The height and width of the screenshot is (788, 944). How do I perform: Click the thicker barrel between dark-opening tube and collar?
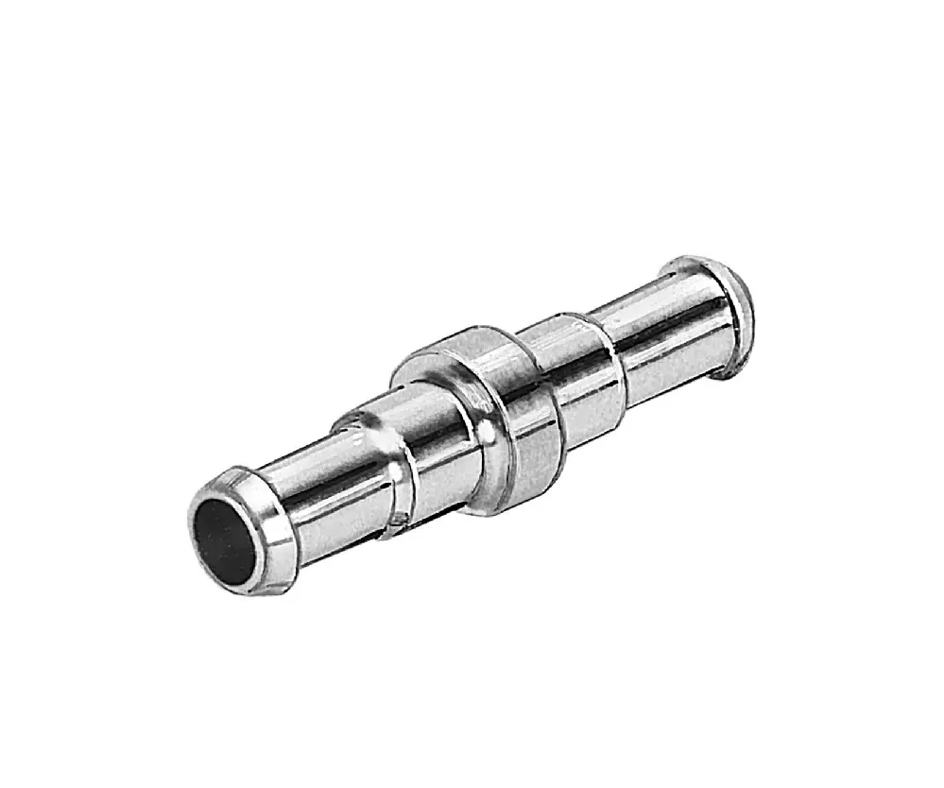point(416,444)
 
